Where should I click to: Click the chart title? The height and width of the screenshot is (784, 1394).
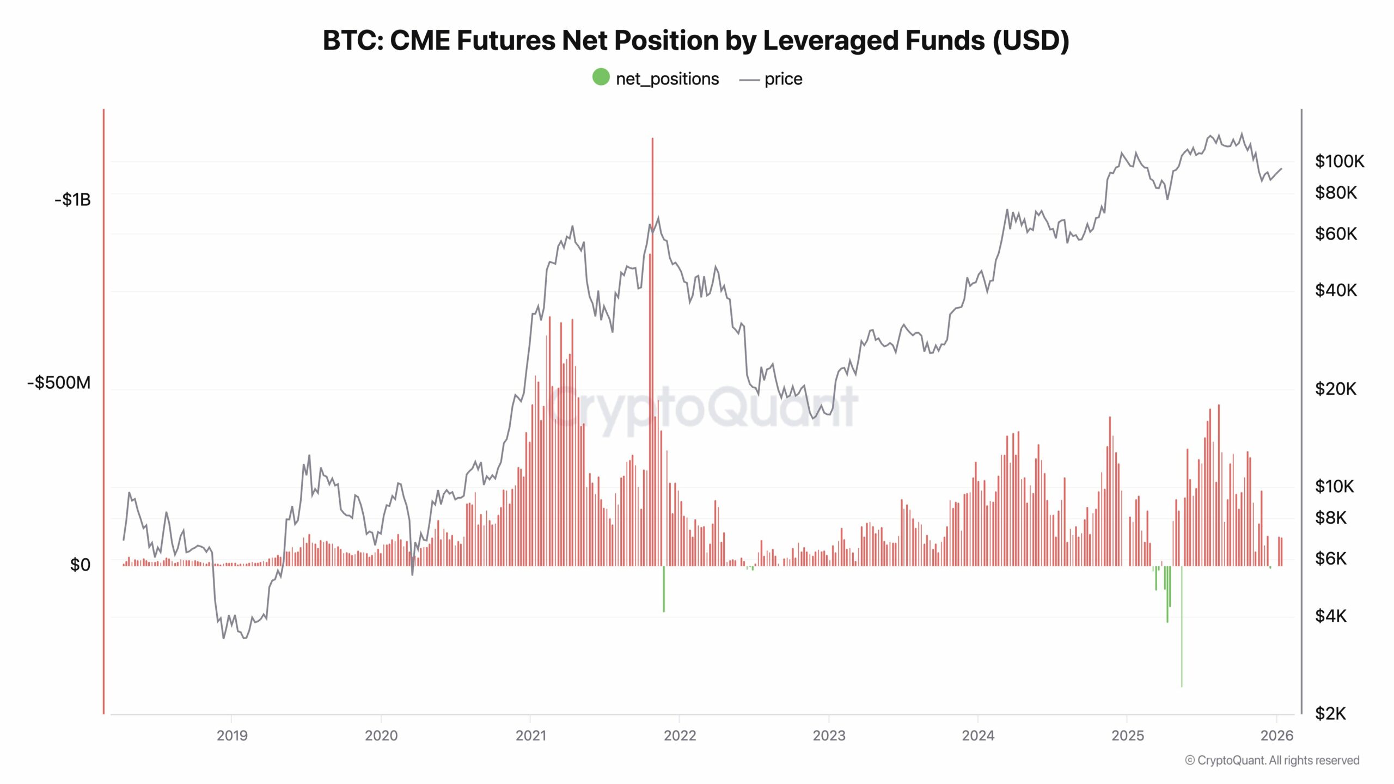click(696, 41)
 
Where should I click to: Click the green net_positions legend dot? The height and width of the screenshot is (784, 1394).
click(601, 77)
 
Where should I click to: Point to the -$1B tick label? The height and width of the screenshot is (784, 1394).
click(72, 200)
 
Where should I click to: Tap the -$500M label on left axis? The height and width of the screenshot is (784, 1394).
click(59, 383)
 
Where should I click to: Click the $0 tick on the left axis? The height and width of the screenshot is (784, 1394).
click(80, 565)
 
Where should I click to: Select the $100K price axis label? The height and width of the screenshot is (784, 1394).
click(1339, 161)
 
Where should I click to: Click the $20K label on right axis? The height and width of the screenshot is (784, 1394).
click(1335, 389)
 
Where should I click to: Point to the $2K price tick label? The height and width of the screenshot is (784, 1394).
click(1330, 713)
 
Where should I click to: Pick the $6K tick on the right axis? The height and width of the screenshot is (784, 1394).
click(1330, 559)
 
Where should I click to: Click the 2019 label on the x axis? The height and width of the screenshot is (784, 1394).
click(232, 736)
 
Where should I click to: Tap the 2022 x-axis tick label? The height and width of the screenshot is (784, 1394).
click(680, 736)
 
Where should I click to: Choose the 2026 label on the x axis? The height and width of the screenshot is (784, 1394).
click(1276, 736)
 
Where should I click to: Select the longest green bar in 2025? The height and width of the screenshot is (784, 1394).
click(1182, 626)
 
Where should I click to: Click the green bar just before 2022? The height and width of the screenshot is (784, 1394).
click(664, 589)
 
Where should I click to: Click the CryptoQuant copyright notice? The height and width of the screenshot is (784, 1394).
click(1272, 761)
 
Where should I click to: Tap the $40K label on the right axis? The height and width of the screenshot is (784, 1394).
click(1335, 290)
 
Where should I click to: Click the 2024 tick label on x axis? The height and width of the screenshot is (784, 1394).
click(978, 736)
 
